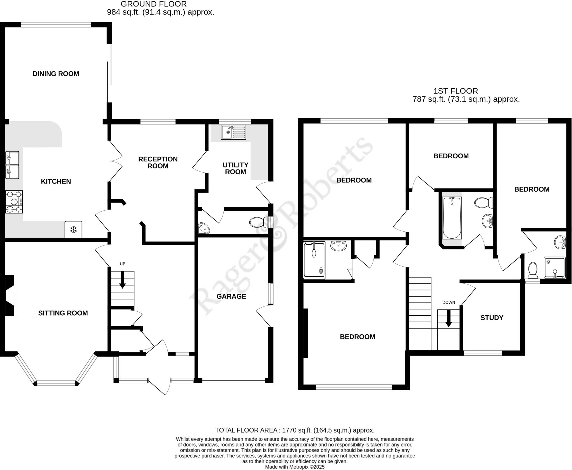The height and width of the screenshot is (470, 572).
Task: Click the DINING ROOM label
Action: coord(56,74)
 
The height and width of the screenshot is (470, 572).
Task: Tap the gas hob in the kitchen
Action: coord(14,202)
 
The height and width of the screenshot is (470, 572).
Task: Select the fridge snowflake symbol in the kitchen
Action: coord(73,230)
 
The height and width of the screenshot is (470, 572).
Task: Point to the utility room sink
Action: coord(233,132)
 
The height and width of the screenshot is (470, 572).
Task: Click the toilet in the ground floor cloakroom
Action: coord(258,222)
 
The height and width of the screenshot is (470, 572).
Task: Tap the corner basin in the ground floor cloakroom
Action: coord(204,228)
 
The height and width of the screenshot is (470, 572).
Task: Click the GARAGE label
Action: coord(231,296)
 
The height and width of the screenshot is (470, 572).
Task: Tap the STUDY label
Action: coord(492,318)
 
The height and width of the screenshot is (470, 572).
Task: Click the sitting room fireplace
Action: coord(11,295)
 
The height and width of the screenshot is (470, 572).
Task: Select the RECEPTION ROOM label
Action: coord(158,162)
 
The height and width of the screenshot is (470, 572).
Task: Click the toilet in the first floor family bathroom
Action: coord(484,203)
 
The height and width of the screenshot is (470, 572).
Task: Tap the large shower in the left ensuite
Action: coord(314,260)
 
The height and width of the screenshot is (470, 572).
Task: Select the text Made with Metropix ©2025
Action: coord(295,467)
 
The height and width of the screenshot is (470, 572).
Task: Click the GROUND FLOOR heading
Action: coord(153,4)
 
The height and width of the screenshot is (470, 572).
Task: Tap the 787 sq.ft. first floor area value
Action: coord(429,99)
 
